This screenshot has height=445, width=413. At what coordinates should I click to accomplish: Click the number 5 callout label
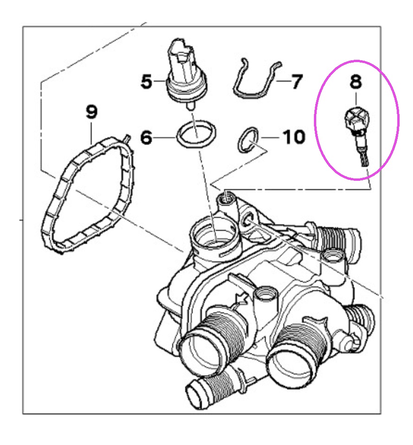point(146,82)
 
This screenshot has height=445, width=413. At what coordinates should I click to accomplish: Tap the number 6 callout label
point(146,138)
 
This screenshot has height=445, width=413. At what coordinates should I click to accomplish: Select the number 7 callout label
point(297,82)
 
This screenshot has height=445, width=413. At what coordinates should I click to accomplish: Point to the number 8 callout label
point(356,82)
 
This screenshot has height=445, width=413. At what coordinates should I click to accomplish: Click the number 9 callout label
point(92,112)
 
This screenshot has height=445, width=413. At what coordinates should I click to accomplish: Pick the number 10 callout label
point(294,137)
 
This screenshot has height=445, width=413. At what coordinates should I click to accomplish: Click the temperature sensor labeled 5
point(187,71)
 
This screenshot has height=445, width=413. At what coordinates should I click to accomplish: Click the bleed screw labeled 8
point(357,133)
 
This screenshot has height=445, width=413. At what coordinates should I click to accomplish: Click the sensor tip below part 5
point(191,107)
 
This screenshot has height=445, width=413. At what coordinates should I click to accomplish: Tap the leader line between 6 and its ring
point(165,138)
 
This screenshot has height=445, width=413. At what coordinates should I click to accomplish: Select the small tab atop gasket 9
point(127,139)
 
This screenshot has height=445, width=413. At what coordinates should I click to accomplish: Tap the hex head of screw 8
point(357,118)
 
